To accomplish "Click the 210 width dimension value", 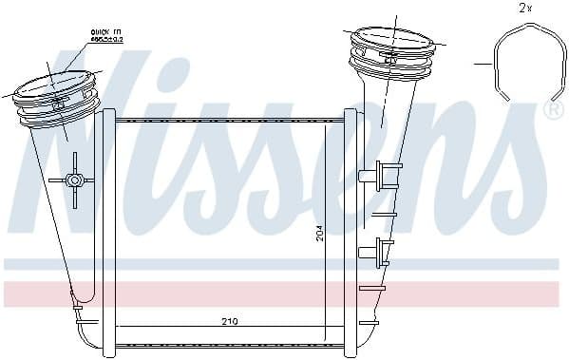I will (229, 322).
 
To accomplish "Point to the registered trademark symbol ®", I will (554, 111).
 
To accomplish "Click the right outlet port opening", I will (389, 42).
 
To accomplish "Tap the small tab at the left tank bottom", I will (76, 310).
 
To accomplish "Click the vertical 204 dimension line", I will (326, 228).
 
